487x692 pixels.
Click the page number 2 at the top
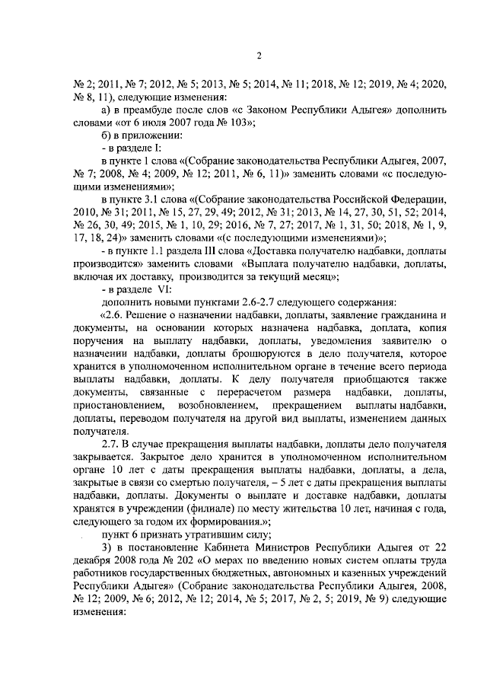tap(259, 56)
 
